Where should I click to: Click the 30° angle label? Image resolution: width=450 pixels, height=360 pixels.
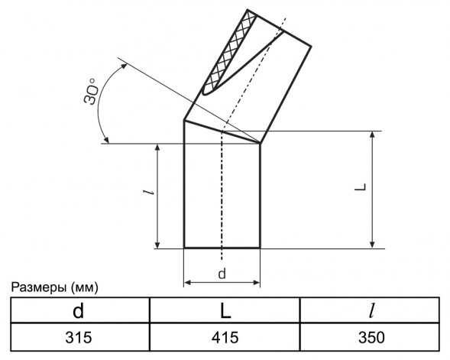coord(91,91)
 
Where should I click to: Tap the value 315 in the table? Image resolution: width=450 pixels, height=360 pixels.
coord(79,337)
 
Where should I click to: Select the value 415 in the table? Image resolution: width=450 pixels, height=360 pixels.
coord(225,337)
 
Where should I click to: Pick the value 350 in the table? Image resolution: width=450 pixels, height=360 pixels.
coord(371,337)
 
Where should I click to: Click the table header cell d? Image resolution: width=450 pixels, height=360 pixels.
coord(79,310)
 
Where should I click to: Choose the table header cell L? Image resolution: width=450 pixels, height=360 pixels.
coord(225,310)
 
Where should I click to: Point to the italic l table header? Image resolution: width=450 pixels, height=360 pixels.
coord(372,310)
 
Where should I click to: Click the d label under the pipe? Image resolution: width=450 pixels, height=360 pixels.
coord(222,274)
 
